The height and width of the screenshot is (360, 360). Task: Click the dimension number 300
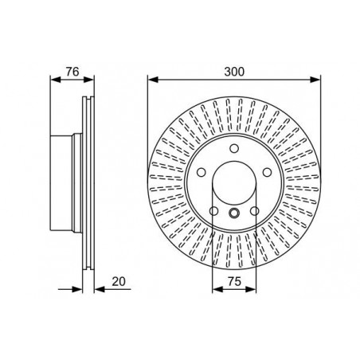pyautogui.click(x=234, y=72)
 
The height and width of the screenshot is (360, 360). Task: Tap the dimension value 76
pyautogui.click(x=72, y=72)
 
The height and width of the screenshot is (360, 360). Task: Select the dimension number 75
pyautogui.click(x=234, y=281)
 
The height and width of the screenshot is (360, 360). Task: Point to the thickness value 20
pyautogui.click(x=119, y=281)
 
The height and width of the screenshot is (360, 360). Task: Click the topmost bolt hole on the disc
pyautogui.click(x=234, y=148)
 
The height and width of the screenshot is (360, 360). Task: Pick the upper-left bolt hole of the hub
pyautogui.click(x=202, y=172)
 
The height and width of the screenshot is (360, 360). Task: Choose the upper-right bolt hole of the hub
pyautogui.click(x=267, y=172)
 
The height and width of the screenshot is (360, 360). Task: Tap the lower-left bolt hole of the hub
pyautogui.click(x=214, y=211)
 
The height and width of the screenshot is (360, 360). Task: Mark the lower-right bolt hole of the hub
pyautogui.click(x=254, y=211)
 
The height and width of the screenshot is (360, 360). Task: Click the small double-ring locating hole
pyautogui.click(x=234, y=213)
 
